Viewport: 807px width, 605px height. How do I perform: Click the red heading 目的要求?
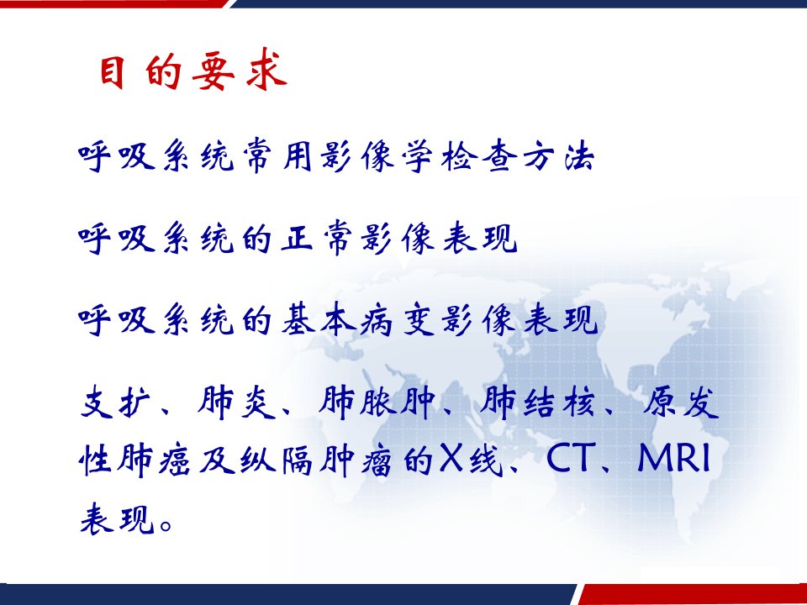point(193,70)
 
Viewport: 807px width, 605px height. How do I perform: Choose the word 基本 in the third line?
point(319,320)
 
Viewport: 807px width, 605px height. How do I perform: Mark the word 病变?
point(398,320)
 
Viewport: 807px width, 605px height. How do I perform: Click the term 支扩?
point(115,402)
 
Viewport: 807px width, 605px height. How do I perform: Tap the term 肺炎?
point(236,402)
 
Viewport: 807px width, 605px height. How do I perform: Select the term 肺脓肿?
point(377,402)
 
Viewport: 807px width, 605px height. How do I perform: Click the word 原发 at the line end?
point(680,402)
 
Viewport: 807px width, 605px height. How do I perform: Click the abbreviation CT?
point(568,458)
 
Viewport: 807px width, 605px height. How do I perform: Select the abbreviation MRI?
point(673,458)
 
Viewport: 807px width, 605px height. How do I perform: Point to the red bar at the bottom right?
point(692,595)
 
